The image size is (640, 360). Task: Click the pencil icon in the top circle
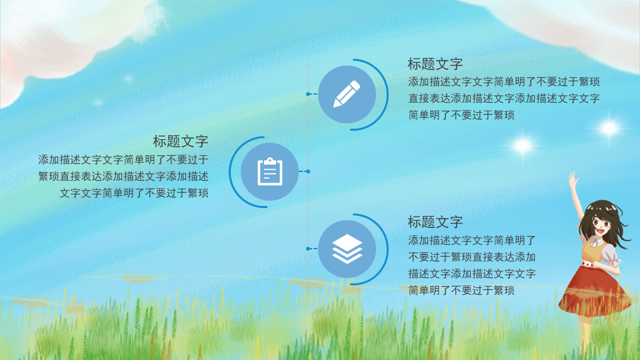pos(347,94)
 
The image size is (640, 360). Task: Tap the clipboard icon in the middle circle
pos(270,171)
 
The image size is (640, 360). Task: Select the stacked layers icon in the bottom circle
pos(347,249)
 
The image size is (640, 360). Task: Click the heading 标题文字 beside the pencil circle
pos(435,64)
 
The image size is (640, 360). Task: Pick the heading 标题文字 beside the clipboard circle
pos(181,141)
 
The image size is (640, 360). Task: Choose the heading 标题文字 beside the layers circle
pos(435,222)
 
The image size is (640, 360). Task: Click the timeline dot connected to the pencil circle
pos(308,94)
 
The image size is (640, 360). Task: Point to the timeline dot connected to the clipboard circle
pos(308,171)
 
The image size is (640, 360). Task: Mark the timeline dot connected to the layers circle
pos(308,249)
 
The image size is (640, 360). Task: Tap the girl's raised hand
pos(573,179)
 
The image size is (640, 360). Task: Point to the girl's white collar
pos(595,242)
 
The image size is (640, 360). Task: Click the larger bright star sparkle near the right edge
pos(609,128)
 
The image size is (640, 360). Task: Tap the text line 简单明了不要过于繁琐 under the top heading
pos(461,115)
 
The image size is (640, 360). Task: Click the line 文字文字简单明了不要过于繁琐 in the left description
pos(134,193)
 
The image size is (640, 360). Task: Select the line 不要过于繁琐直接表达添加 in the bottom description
pos(472,257)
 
